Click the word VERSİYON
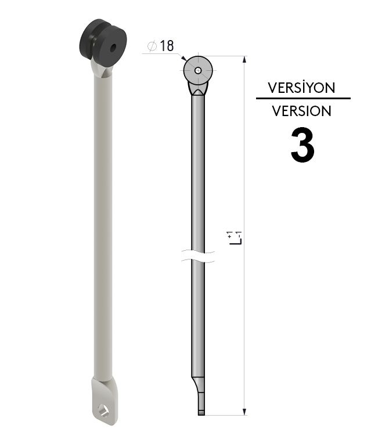click(x=301, y=88)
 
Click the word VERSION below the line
click(x=301, y=110)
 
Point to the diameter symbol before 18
click(x=153, y=46)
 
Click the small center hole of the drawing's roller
click(x=199, y=71)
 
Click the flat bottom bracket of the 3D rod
click(x=105, y=401)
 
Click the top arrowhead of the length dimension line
click(x=244, y=59)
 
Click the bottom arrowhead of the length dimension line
click(x=244, y=412)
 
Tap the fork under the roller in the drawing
click(x=199, y=89)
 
